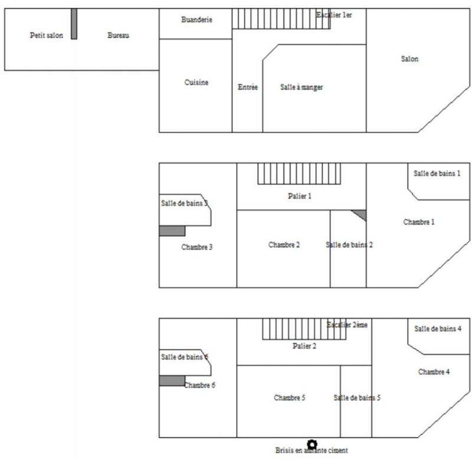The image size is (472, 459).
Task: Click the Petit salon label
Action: [46, 35]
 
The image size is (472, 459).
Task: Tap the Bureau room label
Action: [118, 35]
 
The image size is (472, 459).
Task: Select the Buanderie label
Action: [196, 19]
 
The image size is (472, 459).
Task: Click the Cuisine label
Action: [196, 83]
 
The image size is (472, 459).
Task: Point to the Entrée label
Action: [248, 87]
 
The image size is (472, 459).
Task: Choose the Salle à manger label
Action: [301, 87]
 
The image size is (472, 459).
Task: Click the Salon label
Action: [409, 58]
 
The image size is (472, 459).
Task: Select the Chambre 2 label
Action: [284, 245]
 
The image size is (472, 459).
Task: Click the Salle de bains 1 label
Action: [437, 173]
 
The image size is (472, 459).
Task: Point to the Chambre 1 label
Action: [419, 222]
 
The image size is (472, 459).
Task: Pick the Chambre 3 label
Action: [197, 247]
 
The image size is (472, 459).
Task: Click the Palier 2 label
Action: [304, 346]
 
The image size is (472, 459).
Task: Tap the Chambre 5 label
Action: [289, 398]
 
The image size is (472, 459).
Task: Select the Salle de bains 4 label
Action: [438, 329]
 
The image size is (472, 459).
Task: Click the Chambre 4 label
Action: [434, 372]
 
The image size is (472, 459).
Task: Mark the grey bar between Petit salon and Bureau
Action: [74, 24]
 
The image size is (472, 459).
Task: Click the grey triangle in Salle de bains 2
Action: [360, 214]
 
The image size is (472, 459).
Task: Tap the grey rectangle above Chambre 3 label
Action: [172, 231]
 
